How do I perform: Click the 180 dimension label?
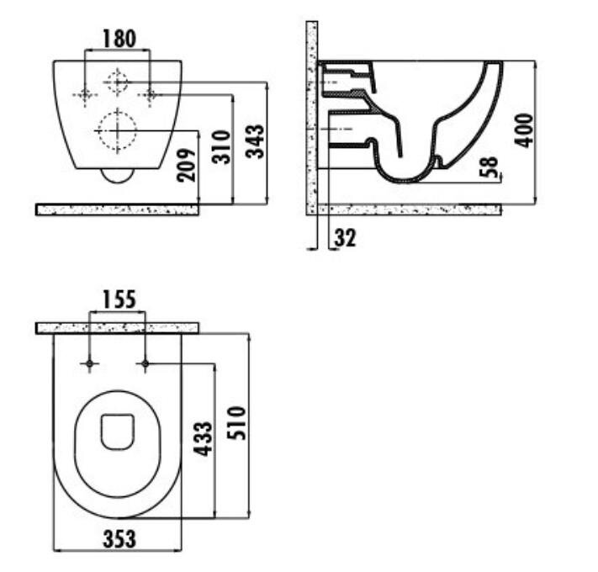point(119,39)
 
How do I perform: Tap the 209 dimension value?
point(186,165)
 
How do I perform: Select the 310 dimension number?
point(221,147)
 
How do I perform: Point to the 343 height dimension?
point(255,141)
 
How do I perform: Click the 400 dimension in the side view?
point(524,130)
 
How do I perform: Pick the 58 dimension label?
point(489,167)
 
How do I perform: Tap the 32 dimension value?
point(345,237)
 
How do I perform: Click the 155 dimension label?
point(119,299)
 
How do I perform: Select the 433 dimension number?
point(203,438)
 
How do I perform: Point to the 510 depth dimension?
point(236,423)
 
